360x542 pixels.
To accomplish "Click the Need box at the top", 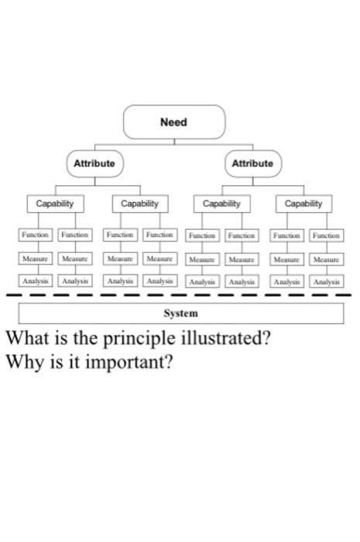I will click(x=174, y=122).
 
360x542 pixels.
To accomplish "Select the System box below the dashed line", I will click(x=180, y=314).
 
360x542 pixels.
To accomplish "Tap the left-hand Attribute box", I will click(x=94, y=163).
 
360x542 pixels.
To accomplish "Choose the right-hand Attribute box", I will click(x=252, y=163).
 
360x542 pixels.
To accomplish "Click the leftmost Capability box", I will click(x=55, y=204).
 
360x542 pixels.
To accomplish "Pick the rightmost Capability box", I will click(x=303, y=204).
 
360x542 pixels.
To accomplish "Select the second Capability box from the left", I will click(x=140, y=204).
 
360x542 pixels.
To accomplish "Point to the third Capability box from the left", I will click(x=221, y=204).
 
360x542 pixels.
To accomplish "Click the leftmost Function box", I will click(x=35, y=234).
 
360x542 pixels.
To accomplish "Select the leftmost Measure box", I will click(x=35, y=258).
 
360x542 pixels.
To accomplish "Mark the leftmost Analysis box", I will click(x=35, y=281).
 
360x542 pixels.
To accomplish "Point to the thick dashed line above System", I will click(x=180, y=295).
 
